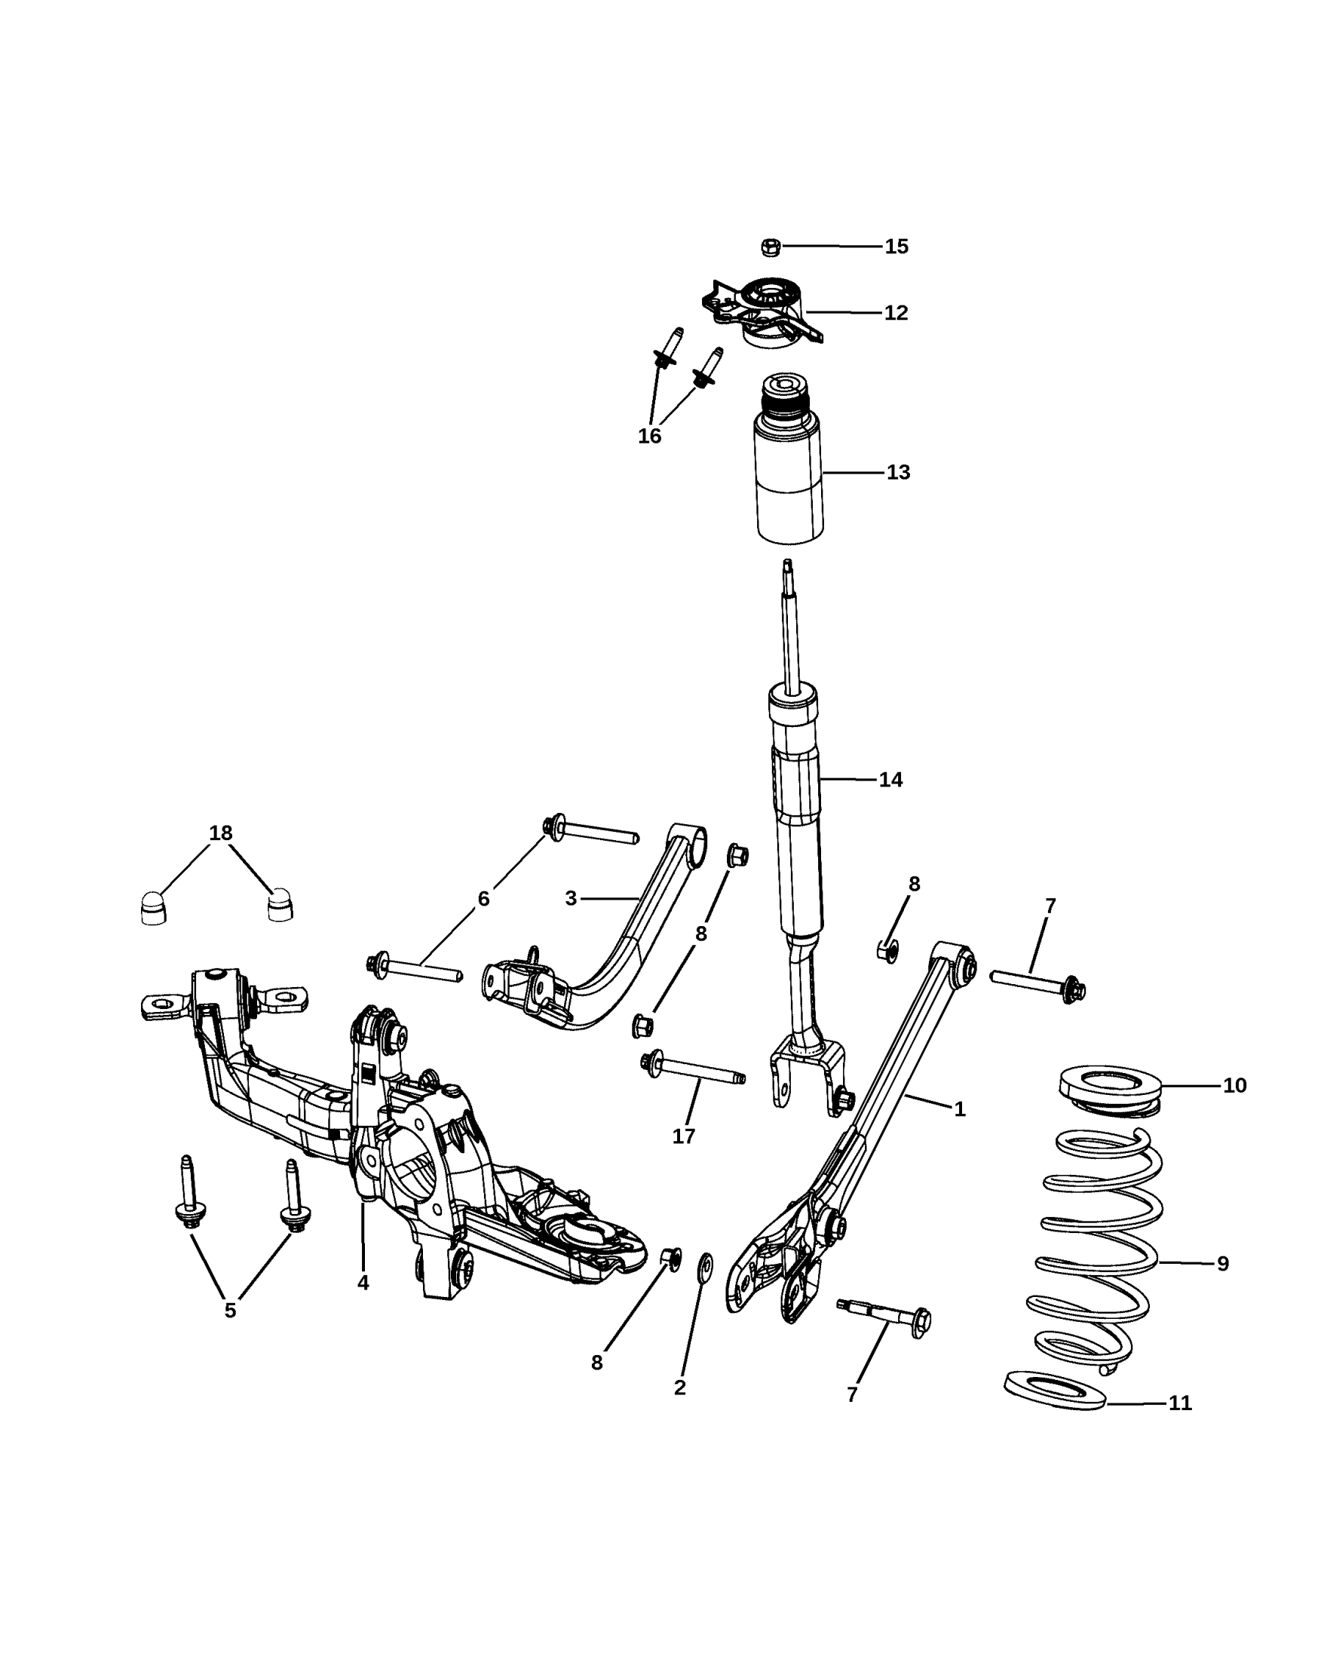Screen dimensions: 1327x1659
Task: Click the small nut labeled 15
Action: [770, 247]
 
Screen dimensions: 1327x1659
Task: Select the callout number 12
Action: [896, 313]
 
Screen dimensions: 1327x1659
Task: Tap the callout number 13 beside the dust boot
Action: [898, 473]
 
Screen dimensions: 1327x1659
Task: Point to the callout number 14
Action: [890, 780]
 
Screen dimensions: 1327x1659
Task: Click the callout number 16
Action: [649, 437]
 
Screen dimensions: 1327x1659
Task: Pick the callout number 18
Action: [221, 833]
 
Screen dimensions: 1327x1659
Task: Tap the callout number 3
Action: [571, 898]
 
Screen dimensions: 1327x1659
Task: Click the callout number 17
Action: [684, 1136]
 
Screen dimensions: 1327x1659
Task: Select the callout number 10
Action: [1235, 1085]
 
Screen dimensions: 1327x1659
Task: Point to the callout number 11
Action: [1180, 1403]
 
